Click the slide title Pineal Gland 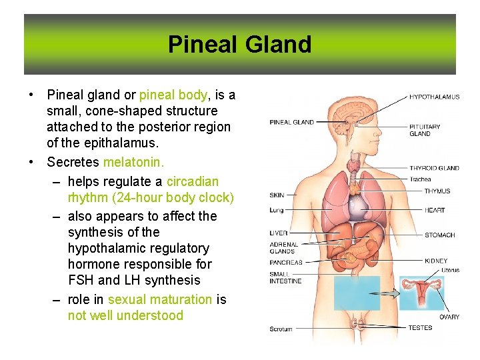(239, 45)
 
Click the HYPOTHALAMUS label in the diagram (434, 97)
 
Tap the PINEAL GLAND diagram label (291, 122)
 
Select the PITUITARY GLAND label (425, 130)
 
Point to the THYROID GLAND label (434, 169)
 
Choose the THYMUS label (437, 191)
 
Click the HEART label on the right (435, 211)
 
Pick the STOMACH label (439, 235)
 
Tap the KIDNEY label (436, 261)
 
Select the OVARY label (449, 317)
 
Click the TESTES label (420, 327)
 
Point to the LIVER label (279, 233)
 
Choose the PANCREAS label (285, 263)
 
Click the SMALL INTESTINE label (285, 277)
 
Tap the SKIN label (277, 195)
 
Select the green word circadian (192, 181)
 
